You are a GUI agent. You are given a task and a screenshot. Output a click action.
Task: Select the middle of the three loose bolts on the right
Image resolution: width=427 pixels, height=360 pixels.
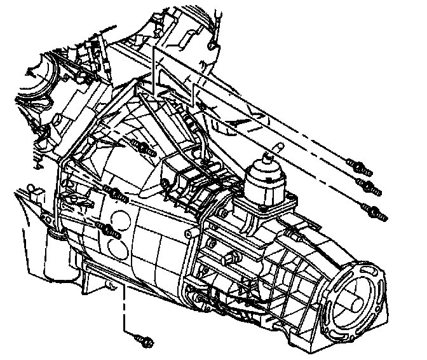pyautogui.click(x=369, y=185)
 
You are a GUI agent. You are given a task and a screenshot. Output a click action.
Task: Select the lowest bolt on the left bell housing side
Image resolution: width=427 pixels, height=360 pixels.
pyautogui.click(x=109, y=230)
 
